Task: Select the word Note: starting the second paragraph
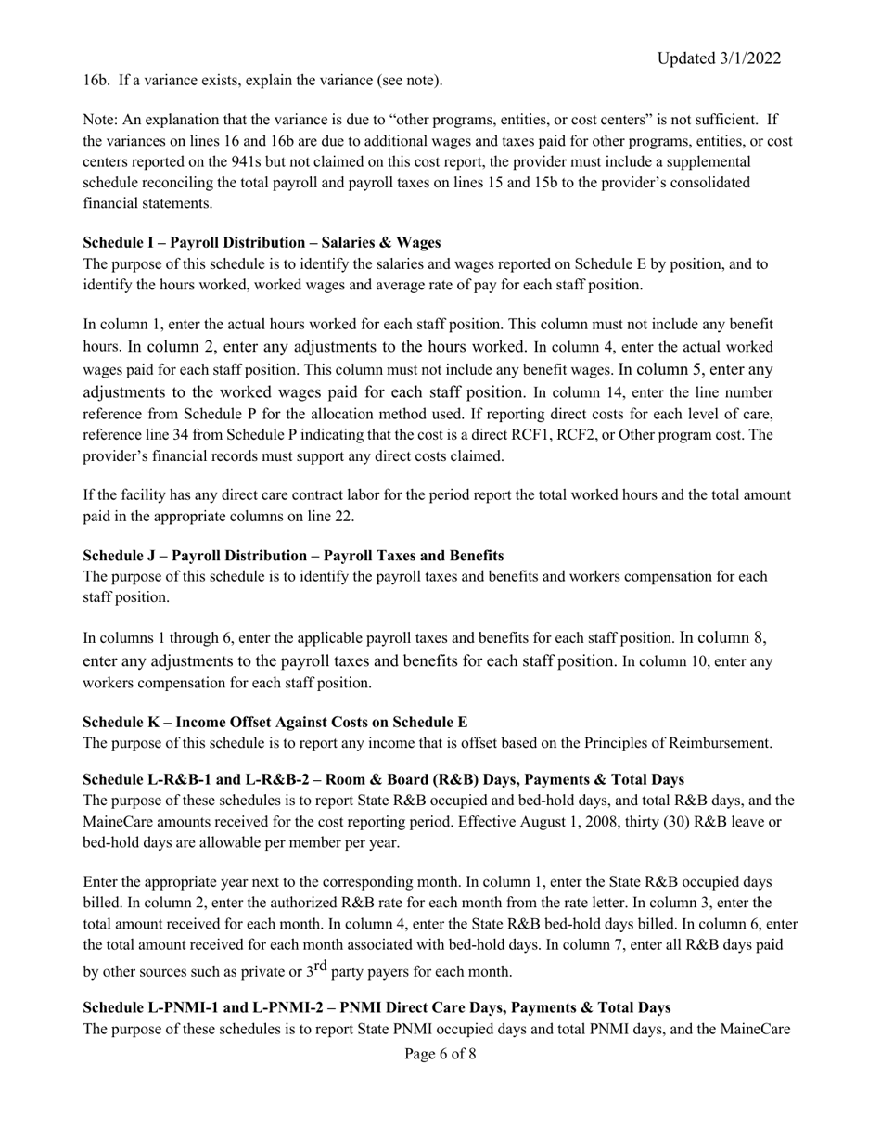click(100, 120)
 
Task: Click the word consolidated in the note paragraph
click(709, 183)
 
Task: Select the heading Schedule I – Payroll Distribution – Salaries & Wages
click(262, 243)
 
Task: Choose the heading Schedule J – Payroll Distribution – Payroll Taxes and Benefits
click(293, 556)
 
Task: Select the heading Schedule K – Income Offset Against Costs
click(275, 722)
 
